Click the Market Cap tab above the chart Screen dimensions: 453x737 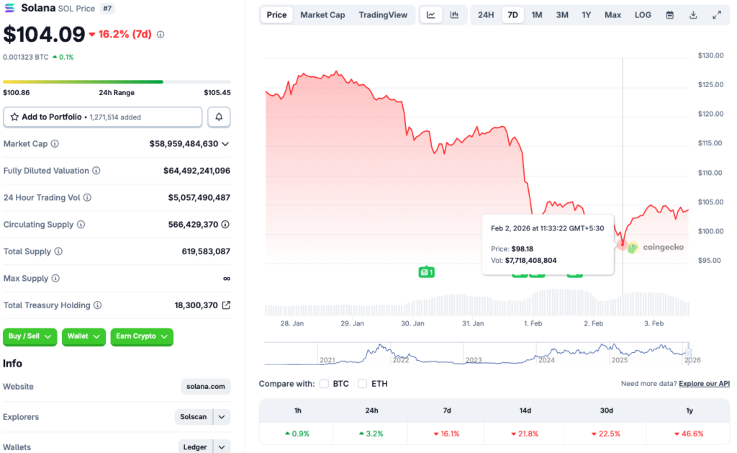pos(322,15)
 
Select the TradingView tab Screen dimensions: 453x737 pos(383,15)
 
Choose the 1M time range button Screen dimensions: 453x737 pos(537,15)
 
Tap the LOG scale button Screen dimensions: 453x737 pos(643,15)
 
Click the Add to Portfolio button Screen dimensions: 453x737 pos(103,117)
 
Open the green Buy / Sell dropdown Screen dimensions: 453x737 pos(31,336)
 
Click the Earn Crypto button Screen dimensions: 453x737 pos(142,336)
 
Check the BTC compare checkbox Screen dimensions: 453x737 pos(325,384)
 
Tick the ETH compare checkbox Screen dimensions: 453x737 pos(363,384)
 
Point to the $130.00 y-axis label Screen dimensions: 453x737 pos(710,55)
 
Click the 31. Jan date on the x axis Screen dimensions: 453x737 pos(472,324)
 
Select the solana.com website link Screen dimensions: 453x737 pos(206,387)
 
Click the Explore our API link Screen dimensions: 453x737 pos(704,384)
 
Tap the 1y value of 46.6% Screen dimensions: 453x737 pos(689,434)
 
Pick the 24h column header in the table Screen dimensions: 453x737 pos(371,411)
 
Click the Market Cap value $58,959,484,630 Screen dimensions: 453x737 pos(184,144)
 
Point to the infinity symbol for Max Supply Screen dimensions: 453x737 pos(227,279)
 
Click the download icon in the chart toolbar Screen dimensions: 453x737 pos(693,15)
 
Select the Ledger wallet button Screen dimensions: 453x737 pos(195,447)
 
